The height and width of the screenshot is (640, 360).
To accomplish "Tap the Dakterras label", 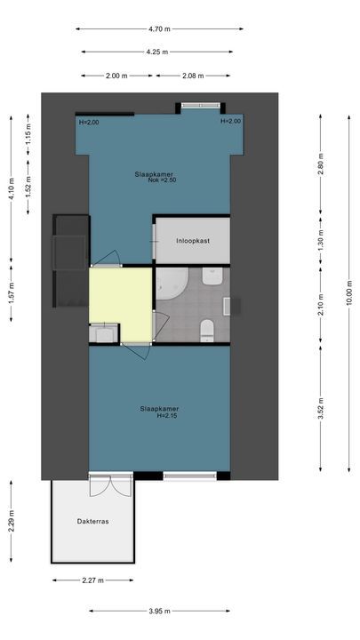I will coord(92,521).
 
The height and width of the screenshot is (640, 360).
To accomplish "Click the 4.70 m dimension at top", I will coord(160,28).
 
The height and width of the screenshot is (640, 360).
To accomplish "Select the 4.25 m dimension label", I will coord(160,52).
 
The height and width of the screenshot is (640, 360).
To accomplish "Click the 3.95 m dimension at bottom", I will coord(160,611).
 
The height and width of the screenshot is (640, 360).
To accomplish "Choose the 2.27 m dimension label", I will coord(92,580).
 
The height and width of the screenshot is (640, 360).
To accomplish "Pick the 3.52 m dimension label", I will coord(321,405).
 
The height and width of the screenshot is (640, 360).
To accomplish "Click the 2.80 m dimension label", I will coord(321,164).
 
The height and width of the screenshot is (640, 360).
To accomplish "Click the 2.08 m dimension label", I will coord(195,76).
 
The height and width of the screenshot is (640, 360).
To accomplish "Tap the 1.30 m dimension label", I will coord(321,241).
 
